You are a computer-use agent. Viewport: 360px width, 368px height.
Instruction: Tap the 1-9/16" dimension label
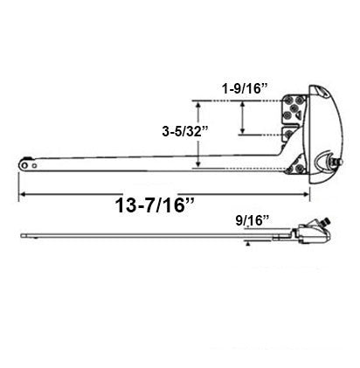[x=242, y=88]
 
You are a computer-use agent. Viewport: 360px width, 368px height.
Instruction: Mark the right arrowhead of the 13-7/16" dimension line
[x=308, y=191]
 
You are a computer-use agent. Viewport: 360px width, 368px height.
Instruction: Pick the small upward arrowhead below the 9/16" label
[x=247, y=246]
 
